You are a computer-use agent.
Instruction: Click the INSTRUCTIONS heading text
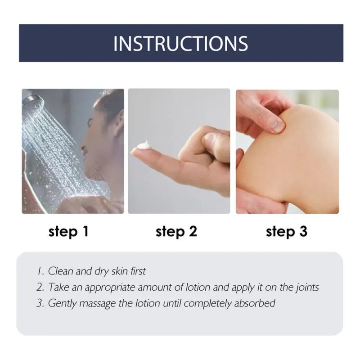[181, 43]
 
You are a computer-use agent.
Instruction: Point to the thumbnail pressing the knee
[278, 126]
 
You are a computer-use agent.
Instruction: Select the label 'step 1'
[68, 232]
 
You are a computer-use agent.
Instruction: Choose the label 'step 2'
[176, 232]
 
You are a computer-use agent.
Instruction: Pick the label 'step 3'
[287, 232]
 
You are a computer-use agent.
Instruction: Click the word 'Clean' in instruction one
[61, 271]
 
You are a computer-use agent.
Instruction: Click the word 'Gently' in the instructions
[62, 304]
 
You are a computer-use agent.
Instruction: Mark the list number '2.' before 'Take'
[40, 288]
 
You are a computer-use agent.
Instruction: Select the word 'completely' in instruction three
[208, 304]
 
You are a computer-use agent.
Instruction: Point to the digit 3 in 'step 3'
[303, 231]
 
